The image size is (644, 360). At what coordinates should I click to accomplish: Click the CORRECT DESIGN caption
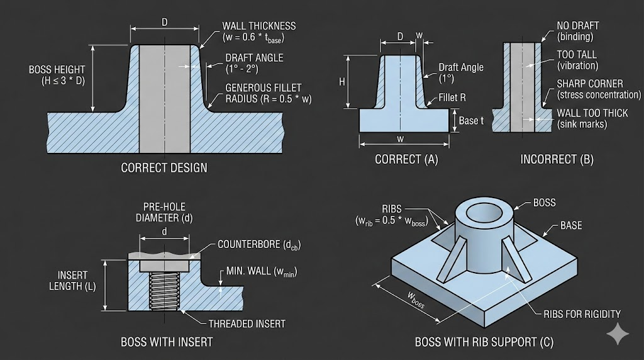[x=164, y=168]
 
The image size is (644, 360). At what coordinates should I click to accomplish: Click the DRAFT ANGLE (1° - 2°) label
[x=254, y=63]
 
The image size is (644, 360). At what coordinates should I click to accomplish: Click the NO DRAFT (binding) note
[x=577, y=31]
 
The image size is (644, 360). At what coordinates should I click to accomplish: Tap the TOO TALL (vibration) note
[x=577, y=60]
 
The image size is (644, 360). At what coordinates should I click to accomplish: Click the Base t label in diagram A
[x=471, y=120]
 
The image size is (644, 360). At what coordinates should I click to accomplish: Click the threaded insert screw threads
[x=164, y=290]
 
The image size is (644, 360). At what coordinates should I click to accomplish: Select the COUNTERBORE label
[x=258, y=245]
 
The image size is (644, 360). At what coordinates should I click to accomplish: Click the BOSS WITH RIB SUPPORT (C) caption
[x=484, y=342]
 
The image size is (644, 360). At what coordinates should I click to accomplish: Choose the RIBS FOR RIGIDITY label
[x=582, y=313]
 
